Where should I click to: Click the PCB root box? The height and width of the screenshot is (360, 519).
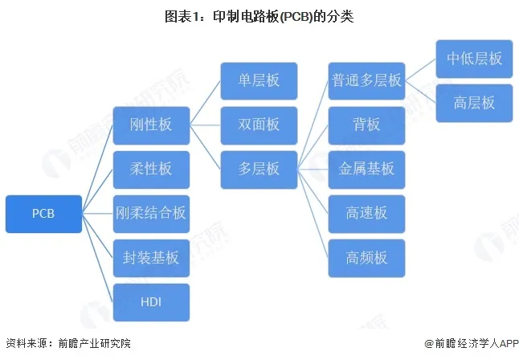pyautogui.click(x=43, y=214)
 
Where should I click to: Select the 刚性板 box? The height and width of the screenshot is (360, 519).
pyautogui.click(x=151, y=125)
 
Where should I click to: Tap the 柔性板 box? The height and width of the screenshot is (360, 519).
pyautogui.click(x=151, y=170)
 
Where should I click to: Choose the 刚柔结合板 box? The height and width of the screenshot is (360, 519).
pyautogui.click(x=151, y=214)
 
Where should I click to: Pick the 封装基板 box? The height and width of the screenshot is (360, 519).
pyautogui.click(x=151, y=258)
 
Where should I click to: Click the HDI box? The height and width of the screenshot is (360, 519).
pyautogui.click(x=151, y=302)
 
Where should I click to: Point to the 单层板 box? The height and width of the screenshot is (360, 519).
pyautogui.click(x=259, y=81)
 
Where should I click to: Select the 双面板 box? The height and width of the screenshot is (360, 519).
pyautogui.click(x=259, y=125)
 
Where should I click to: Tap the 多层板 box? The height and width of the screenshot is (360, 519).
pyautogui.click(x=259, y=170)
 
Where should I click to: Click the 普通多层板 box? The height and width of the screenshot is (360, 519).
pyautogui.click(x=366, y=81)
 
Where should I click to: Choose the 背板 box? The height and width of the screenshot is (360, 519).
pyautogui.click(x=366, y=125)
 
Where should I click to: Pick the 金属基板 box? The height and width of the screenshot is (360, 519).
pyautogui.click(x=366, y=170)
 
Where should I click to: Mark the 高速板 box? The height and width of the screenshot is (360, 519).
pyautogui.click(x=366, y=214)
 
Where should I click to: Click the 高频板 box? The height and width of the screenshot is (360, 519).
pyautogui.click(x=366, y=258)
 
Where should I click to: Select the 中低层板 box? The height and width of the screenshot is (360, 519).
pyautogui.click(x=474, y=59)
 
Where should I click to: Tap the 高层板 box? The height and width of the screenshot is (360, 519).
pyautogui.click(x=474, y=103)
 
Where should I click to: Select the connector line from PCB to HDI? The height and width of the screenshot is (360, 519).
pyautogui.click(x=97, y=258)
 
